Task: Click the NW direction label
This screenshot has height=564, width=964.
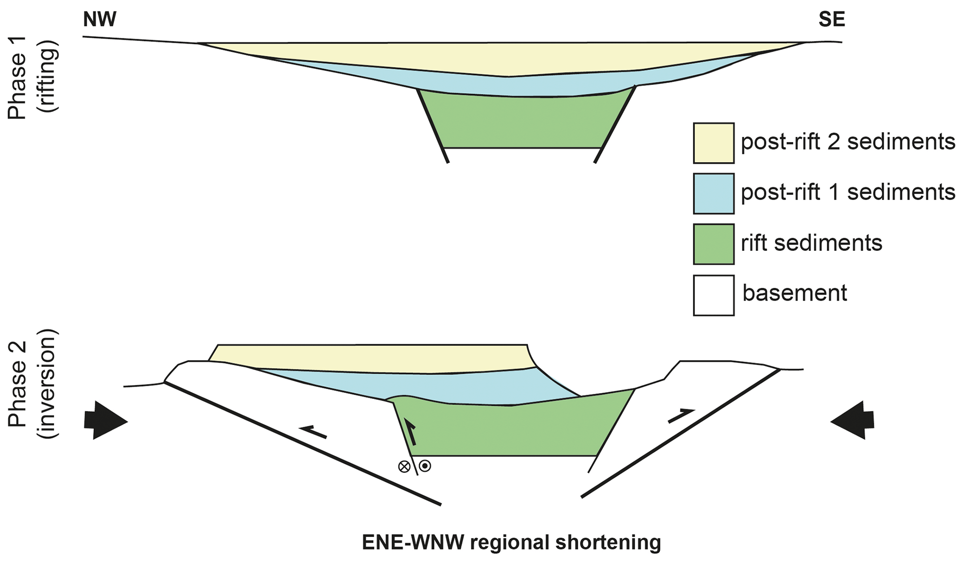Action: (x=99, y=21)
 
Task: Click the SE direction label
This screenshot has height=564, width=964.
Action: (x=832, y=21)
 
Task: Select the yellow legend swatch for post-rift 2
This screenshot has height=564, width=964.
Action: (x=714, y=143)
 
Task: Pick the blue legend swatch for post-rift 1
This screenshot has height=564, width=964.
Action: (x=714, y=193)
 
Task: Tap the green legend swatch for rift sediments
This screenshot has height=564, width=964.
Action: (x=714, y=244)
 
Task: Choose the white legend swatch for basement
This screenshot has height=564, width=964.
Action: (x=714, y=296)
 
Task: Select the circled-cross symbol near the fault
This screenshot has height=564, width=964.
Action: (x=404, y=466)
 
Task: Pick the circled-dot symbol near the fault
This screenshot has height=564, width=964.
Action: (x=425, y=465)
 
